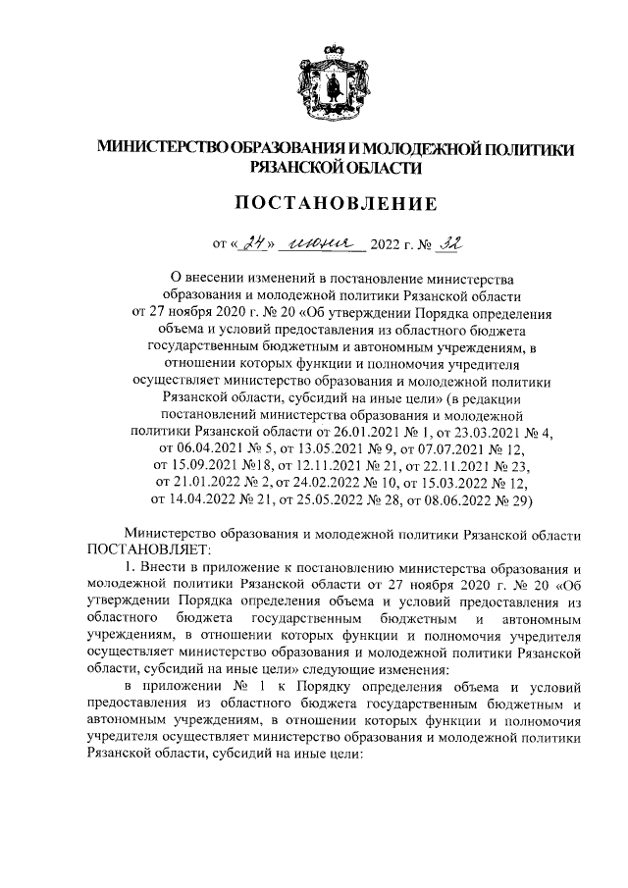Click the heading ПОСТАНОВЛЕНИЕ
pyautogui.click(x=314, y=204)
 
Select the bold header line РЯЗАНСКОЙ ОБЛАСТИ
pyautogui.click(x=314, y=168)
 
